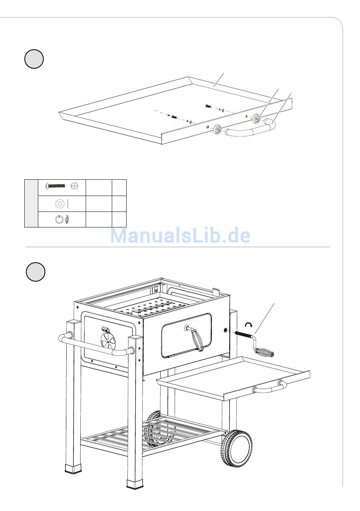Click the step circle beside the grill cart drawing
36,272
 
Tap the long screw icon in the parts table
56,186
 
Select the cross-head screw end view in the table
74,186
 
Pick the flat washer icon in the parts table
59,204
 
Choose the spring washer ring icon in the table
59,219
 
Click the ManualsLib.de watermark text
180,235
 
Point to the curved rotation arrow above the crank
249,324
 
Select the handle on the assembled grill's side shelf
269,387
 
